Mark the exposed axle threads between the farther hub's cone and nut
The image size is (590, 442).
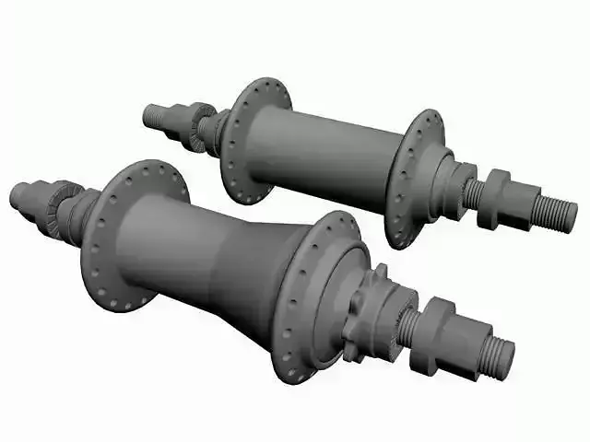point(473,193)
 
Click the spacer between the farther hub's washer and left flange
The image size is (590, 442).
point(218,131)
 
